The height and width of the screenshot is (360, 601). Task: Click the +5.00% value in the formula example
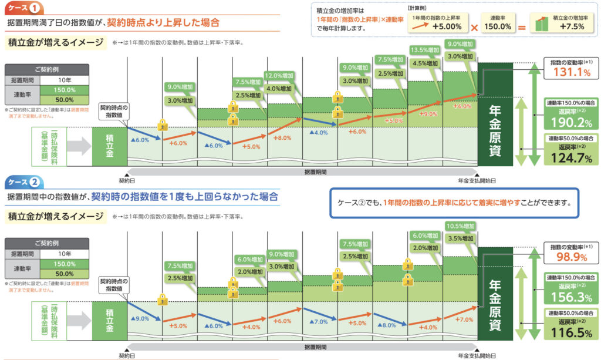pyautogui.click(x=448, y=27)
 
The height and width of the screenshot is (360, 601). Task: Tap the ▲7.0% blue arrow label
pyautogui.click(x=320, y=322)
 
